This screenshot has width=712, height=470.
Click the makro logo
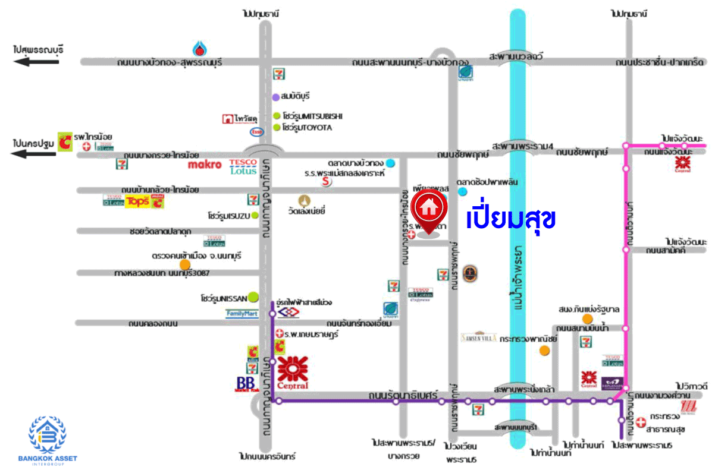tap(205, 164)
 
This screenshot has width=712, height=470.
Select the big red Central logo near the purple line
tap(292, 373)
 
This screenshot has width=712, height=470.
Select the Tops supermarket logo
tap(136, 201)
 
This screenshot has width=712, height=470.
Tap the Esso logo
tap(258, 131)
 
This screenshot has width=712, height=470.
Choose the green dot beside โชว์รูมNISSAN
tap(253, 296)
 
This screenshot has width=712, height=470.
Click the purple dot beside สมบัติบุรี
tap(276, 97)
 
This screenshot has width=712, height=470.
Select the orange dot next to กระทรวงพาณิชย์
tap(544, 351)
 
